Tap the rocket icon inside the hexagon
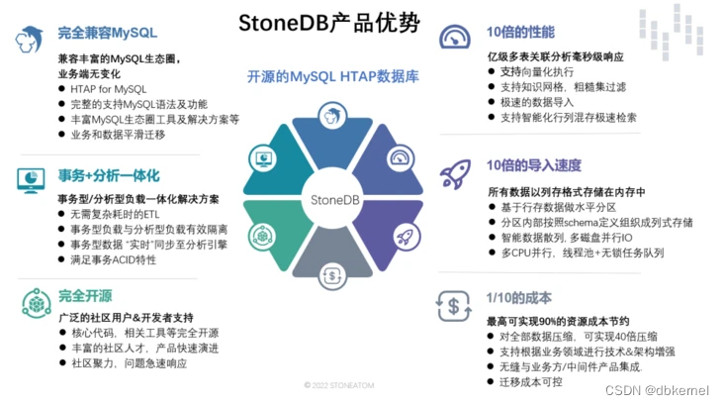pyautogui.click(x=404, y=236)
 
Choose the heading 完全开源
pyautogui.click(x=84, y=294)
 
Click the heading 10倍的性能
pyautogui.click(x=520, y=33)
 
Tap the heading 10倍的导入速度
pyautogui.click(x=535, y=164)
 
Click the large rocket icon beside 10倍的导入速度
pyautogui.click(x=454, y=173)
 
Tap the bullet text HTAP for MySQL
pyautogui.click(x=109, y=89)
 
